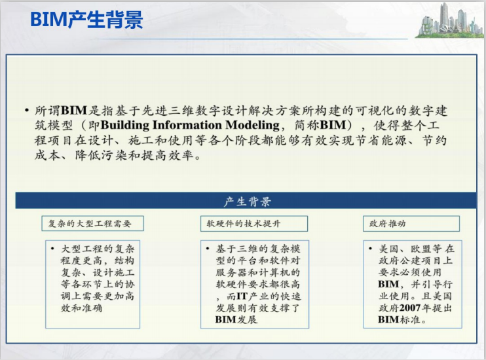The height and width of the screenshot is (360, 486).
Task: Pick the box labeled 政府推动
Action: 411,224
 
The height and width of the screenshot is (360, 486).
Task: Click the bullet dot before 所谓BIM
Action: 26,111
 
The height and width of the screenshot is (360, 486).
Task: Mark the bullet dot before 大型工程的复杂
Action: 53,249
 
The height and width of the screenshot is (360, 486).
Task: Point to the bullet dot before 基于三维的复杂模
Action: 208,249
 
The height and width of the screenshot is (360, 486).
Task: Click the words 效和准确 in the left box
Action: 82,307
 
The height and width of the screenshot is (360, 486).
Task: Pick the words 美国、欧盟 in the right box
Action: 405,249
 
